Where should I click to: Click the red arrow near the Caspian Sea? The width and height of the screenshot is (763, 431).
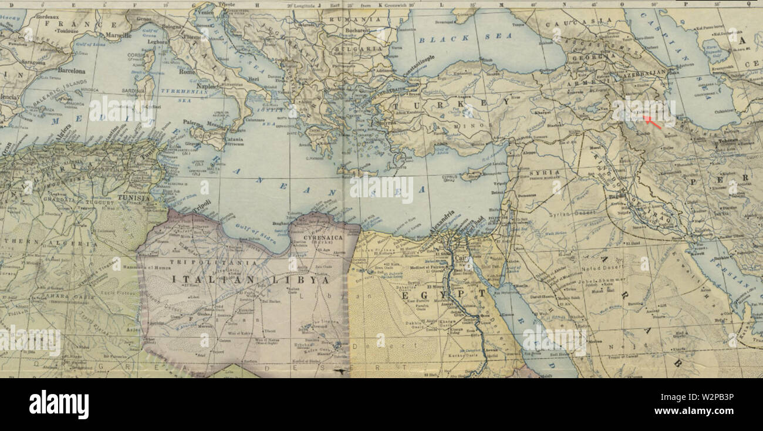coord(652,122)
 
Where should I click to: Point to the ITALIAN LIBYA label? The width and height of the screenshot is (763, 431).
coord(251,280)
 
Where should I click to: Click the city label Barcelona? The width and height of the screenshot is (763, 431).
coord(71,71)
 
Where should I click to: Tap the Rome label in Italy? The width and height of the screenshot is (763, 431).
coord(186,72)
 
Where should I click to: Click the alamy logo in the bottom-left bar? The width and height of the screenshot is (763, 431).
coord(59,405)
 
